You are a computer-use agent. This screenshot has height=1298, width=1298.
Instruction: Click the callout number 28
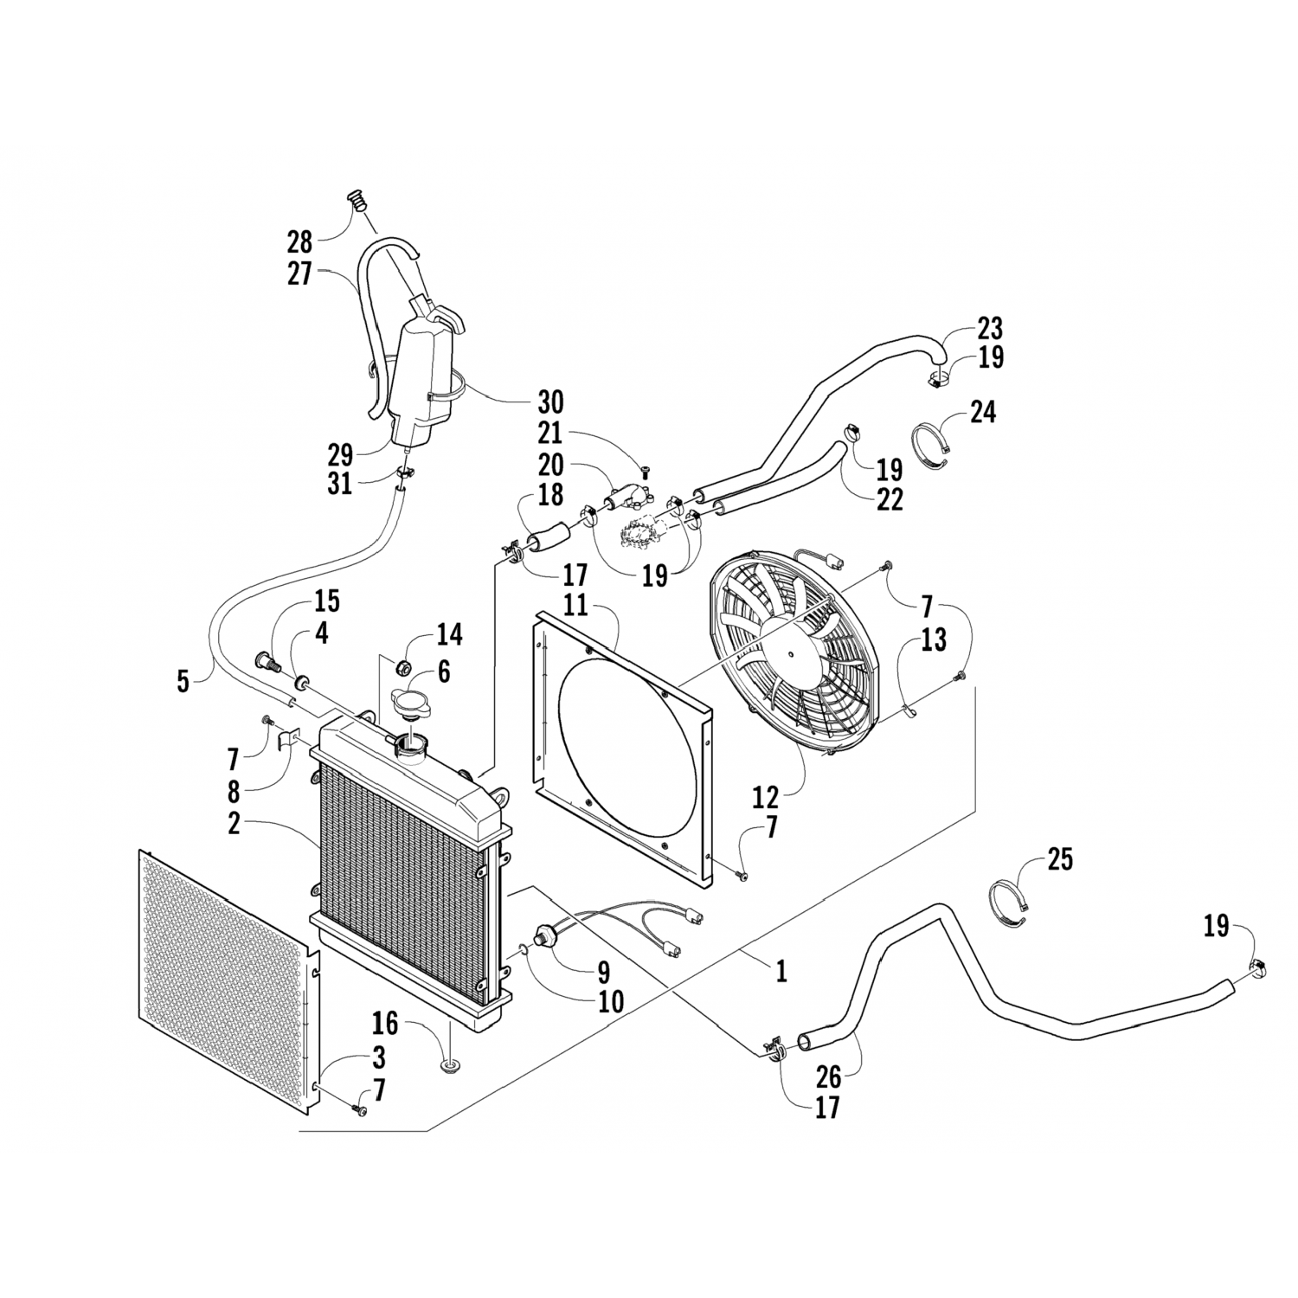coord(300,241)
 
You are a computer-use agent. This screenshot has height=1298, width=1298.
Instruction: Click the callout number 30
coord(550,402)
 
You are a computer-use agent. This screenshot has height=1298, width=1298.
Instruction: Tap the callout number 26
coord(828,1076)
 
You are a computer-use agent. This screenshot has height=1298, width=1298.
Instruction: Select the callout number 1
coord(781,972)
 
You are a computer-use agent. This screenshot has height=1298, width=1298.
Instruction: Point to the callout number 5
coord(183,681)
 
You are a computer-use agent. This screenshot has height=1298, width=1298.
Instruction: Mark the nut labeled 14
coord(402,667)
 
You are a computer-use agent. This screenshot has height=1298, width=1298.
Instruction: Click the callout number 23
coord(990,329)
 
